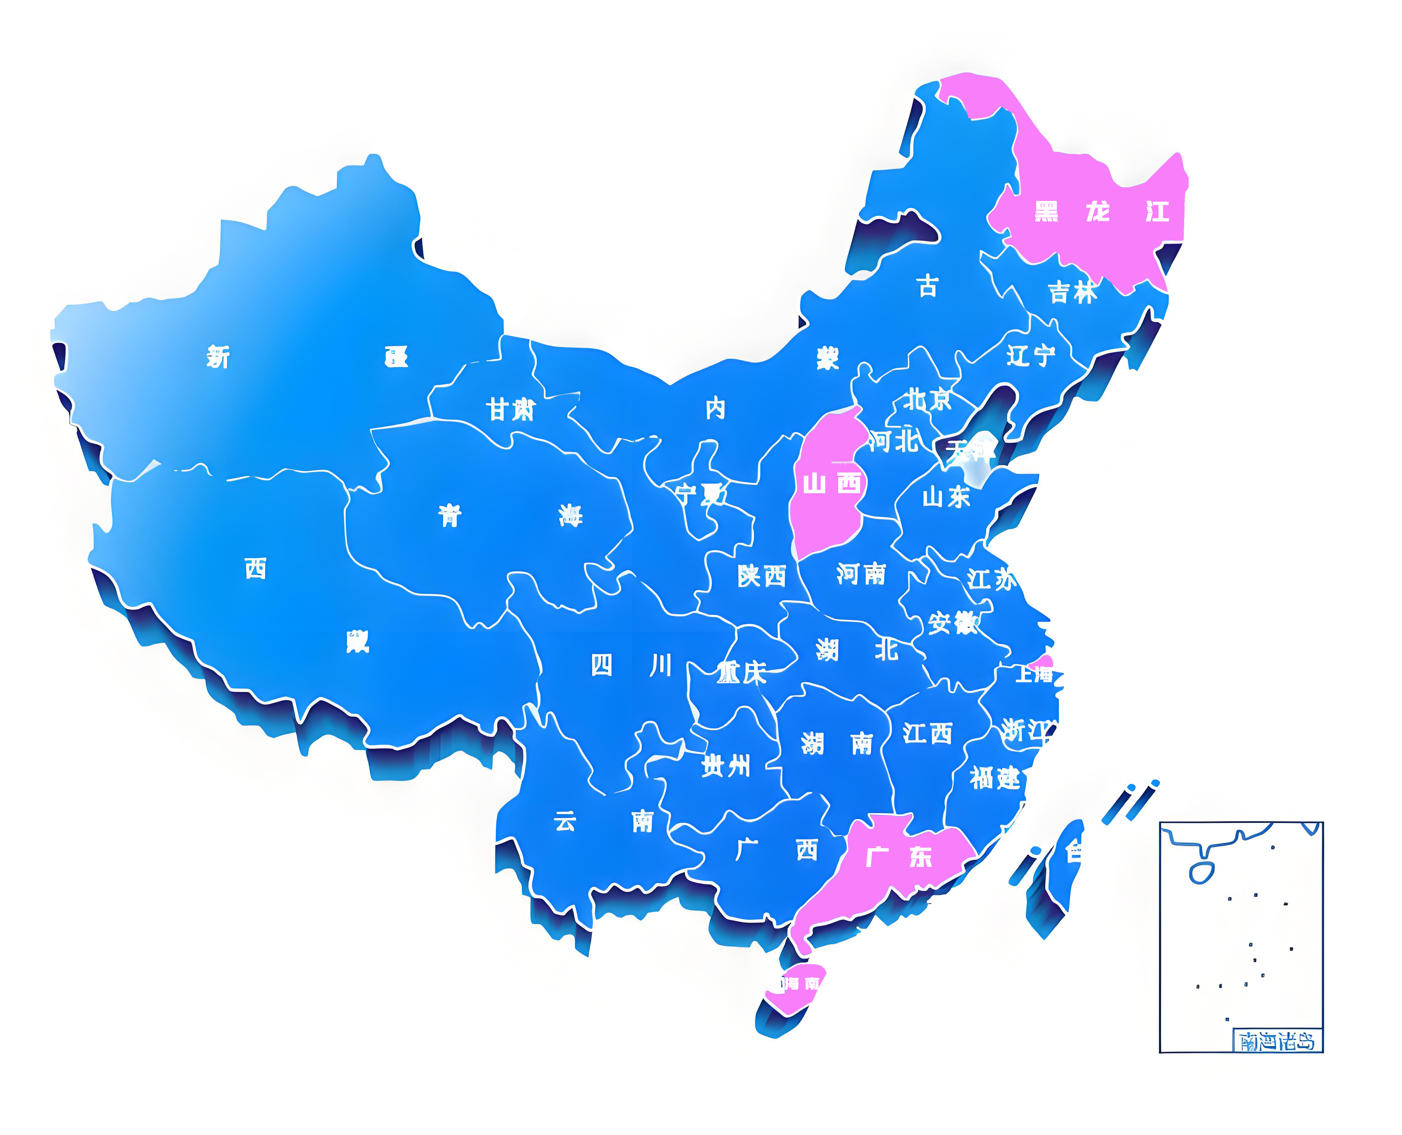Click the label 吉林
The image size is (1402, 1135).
[1072, 292]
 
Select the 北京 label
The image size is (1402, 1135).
[927, 399]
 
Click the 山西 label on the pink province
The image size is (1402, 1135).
[832, 484]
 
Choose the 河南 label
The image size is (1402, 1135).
[861, 574]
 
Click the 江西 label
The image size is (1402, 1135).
[927, 733]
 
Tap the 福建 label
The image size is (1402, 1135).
[994, 778]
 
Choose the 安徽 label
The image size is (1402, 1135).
[952, 623]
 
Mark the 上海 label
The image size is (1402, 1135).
[1035, 673]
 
